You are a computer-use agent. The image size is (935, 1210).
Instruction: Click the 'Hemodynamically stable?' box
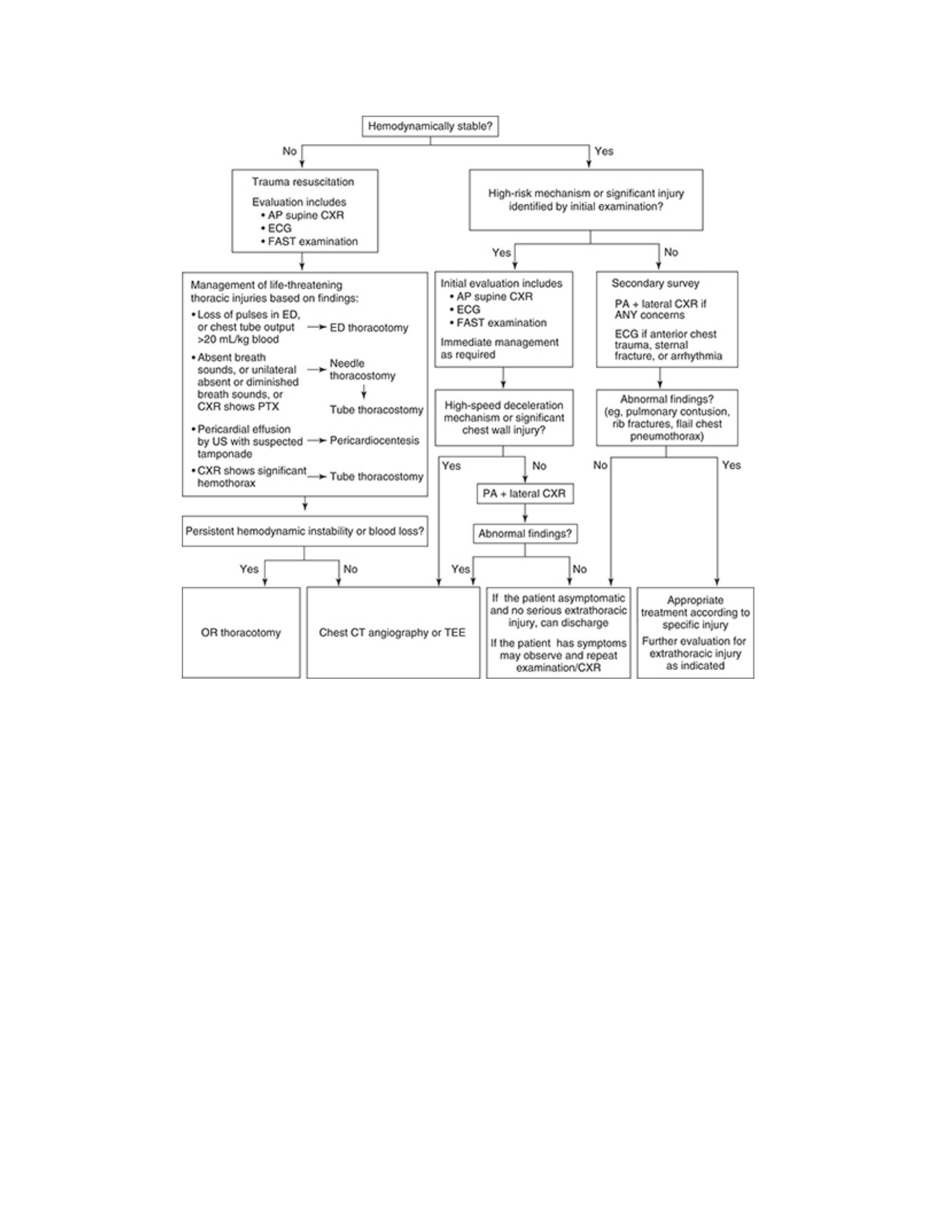point(430,126)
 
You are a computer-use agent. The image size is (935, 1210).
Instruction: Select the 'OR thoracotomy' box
point(241,633)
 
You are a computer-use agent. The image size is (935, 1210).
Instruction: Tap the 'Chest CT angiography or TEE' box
point(393,633)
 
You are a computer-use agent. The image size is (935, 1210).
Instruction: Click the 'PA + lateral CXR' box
point(525,493)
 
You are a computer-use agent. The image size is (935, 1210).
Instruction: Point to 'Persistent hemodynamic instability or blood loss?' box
point(305,532)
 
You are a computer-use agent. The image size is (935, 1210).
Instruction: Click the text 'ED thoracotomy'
point(369,328)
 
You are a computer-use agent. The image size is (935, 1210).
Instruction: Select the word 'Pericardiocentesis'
point(374,440)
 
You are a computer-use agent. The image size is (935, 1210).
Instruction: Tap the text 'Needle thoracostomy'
point(362,369)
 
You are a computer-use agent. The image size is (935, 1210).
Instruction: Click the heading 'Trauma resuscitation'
point(303,182)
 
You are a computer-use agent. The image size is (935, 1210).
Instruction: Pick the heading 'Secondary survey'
point(655,283)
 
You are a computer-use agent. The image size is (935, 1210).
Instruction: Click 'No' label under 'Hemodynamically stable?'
point(289,151)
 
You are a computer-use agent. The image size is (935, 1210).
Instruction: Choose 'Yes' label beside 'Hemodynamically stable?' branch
point(604,151)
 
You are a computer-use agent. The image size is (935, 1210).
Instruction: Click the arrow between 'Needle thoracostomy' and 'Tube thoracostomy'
point(364,392)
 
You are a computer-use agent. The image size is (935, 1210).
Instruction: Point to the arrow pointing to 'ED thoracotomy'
point(317,327)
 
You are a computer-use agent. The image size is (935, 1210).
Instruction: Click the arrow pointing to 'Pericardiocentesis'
point(317,440)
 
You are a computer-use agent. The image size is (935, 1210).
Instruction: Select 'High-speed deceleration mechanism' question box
point(504,417)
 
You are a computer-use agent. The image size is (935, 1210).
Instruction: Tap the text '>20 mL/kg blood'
point(238,339)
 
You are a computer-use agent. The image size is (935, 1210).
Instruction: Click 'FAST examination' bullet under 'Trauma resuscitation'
point(309,241)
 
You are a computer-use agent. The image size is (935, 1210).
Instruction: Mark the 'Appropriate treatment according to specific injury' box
point(695,633)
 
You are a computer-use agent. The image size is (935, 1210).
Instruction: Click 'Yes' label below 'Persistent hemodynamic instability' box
point(249,569)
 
